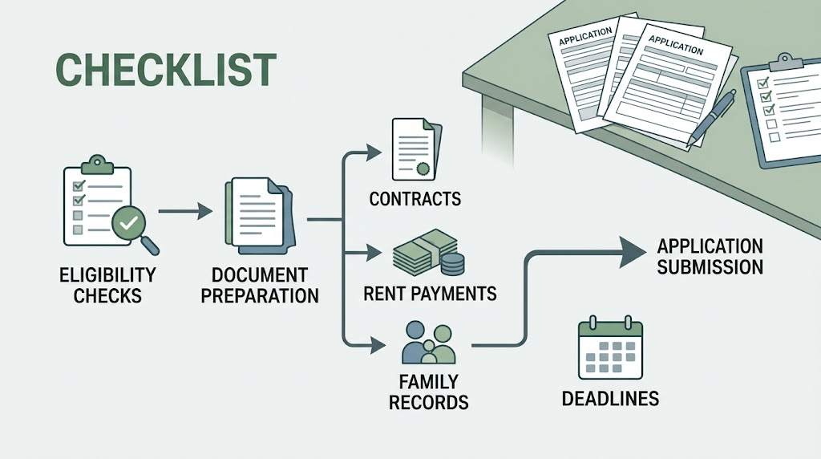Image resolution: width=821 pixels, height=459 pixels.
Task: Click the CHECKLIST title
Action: pyautogui.click(x=165, y=69)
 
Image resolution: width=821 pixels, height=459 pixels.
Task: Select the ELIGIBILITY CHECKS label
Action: pyautogui.click(x=107, y=285)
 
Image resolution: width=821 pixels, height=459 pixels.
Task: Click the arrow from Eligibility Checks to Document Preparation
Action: pyautogui.click(x=185, y=211)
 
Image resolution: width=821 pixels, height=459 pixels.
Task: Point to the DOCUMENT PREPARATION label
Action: pyautogui.click(x=260, y=285)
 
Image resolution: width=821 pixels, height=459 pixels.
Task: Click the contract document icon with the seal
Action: pyautogui.click(x=417, y=149)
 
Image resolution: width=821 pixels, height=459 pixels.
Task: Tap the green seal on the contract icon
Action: pyautogui.click(x=423, y=169)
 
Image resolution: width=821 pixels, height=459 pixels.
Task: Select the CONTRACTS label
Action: pyautogui.click(x=415, y=199)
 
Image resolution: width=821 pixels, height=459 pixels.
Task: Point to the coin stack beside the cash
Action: pyautogui.click(x=452, y=263)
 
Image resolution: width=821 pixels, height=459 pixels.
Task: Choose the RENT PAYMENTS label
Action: pyautogui.click(x=430, y=294)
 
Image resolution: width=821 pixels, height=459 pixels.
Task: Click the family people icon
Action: pyautogui.click(x=428, y=343)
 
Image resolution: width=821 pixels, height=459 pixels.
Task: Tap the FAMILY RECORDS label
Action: pyautogui.click(x=428, y=392)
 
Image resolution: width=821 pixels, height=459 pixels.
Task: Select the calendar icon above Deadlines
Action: pyautogui.click(x=610, y=347)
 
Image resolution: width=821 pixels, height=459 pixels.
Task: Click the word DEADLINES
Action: pyautogui.click(x=610, y=399)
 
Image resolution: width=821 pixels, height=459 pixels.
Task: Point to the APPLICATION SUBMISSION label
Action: pyautogui.click(x=710, y=257)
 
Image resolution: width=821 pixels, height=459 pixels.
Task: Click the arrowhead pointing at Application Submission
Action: pyautogui.click(x=633, y=252)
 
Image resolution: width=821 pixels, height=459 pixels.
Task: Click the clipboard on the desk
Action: pyautogui.click(x=781, y=110)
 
